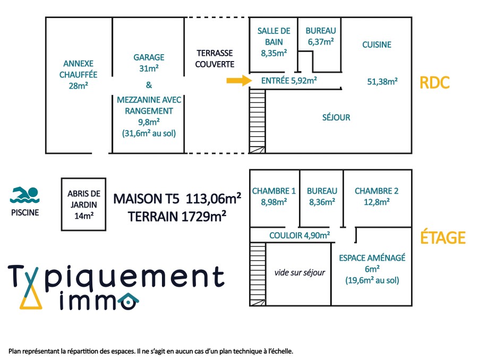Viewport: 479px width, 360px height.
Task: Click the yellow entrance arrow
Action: pos(239,81)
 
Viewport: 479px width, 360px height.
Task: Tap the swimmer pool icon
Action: pos(24,195)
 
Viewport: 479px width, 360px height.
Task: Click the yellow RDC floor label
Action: pos(434,83)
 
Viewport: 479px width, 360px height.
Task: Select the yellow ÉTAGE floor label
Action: pos(443,237)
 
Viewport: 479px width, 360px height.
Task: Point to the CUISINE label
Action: pos(377,45)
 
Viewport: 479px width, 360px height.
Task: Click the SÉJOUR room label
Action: pos(336,117)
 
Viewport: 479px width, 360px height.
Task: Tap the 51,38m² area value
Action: pos(382,82)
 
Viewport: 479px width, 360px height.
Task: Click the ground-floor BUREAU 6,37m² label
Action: pos(321,36)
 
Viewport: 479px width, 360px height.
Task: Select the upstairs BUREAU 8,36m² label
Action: pos(322,196)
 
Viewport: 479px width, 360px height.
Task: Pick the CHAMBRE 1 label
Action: pos(273,196)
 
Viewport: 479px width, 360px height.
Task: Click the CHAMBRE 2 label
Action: pos(377,196)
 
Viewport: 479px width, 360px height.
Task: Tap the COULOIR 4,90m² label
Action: pos(300,235)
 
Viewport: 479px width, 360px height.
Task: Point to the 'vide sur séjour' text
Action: pos(300,272)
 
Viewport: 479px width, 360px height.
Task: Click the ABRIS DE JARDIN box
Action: pos(84,204)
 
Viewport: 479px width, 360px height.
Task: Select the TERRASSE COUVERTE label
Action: pos(215,58)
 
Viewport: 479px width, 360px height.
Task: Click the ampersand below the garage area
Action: pos(149,85)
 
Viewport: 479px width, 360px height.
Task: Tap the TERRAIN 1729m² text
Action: pos(177,217)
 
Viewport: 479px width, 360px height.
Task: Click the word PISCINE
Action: pos(25,212)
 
